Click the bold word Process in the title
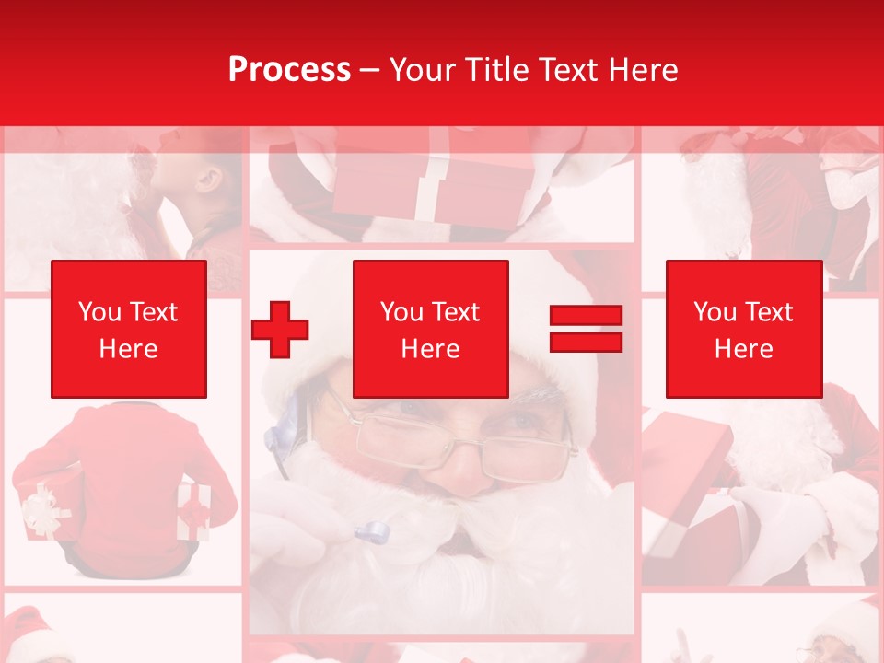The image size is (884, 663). (x=289, y=70)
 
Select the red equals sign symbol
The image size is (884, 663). (x=586, y=329)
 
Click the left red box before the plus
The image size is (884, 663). (x=128, y=329)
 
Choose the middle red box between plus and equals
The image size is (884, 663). (x=430, y=329)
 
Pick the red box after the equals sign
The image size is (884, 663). (x=743, y=329)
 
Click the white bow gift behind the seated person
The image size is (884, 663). (x=41, y=511)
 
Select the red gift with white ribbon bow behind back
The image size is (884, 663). (x=193, y=510)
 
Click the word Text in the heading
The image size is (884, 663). (x=569, y=70)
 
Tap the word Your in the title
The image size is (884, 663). (x=422, y=70)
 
